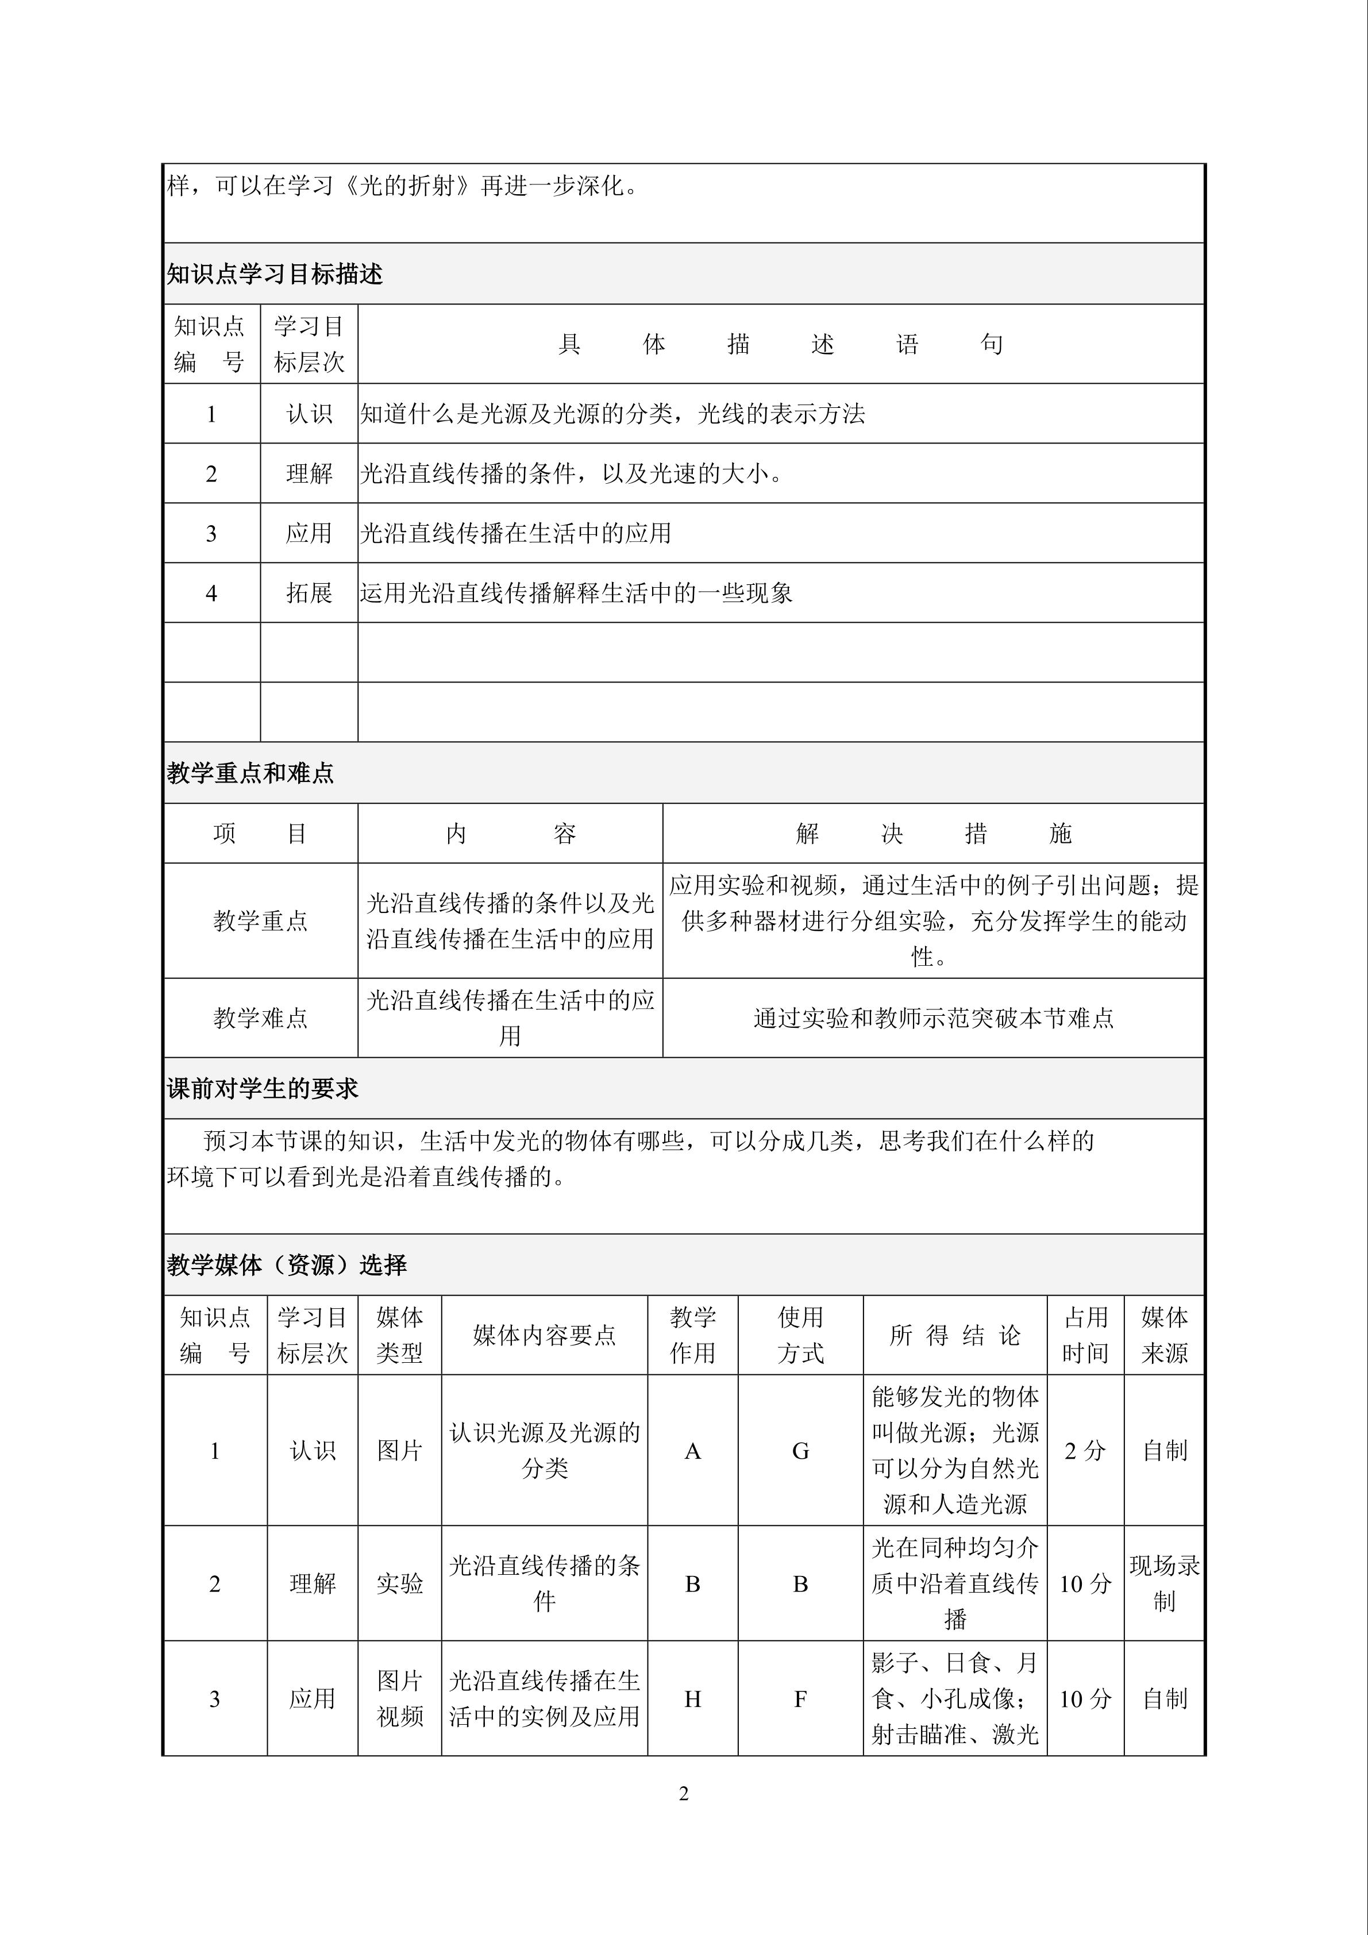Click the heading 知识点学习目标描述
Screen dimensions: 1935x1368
(x=275, y=274)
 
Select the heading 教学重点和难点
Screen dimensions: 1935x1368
(x=251, y=773)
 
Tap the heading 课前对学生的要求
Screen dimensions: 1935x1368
(x=262, y=1089)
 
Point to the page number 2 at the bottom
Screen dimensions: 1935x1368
(x=684, y=1794)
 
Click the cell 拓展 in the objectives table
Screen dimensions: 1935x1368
(x=309, y=593)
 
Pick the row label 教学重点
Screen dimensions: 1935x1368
(x=260, y=920)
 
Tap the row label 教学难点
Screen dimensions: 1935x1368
(x=260, y=1018)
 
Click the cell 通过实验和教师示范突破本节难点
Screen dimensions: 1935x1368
(x=933, y=1018)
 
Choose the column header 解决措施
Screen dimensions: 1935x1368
(x=933, y=834)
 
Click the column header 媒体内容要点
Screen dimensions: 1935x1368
(x=545, y=1335)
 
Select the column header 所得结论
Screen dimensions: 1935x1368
(x=955, y=1335)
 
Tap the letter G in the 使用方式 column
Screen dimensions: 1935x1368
(x=801, y=1451)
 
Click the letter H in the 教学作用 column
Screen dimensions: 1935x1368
(x=693, y=1699)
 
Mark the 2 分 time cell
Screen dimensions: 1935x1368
(x=1085, y=1451)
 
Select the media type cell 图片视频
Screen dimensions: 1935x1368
(x=399, y=1699)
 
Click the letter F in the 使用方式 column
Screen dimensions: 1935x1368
(x=801, y=1699)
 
